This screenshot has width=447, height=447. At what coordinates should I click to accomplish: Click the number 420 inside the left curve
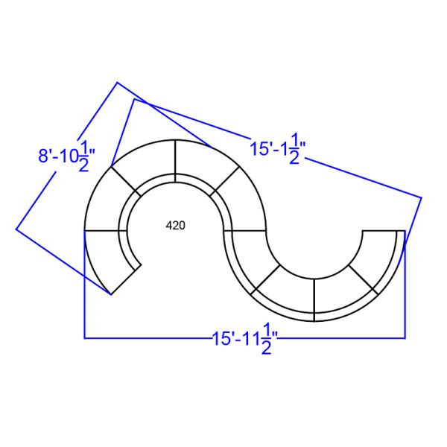pos(176,224)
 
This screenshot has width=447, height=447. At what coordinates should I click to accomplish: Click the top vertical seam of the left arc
pos(177,157)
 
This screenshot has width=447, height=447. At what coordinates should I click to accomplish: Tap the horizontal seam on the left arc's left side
pos(104,231)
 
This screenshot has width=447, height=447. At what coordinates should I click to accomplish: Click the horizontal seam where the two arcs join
pos(245,231)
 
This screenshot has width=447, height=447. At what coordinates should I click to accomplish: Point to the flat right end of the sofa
pos(383,231)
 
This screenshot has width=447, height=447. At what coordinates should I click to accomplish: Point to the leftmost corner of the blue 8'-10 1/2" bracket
pos(16,229)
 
